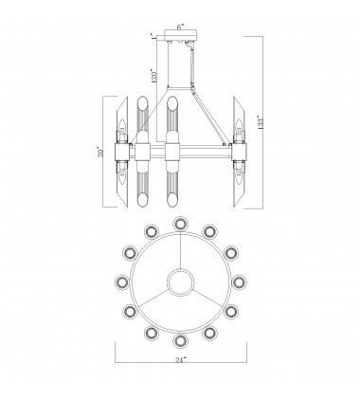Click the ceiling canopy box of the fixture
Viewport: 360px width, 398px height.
(x=181, y=41)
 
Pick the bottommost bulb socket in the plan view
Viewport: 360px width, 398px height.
(x=181, y=339)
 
